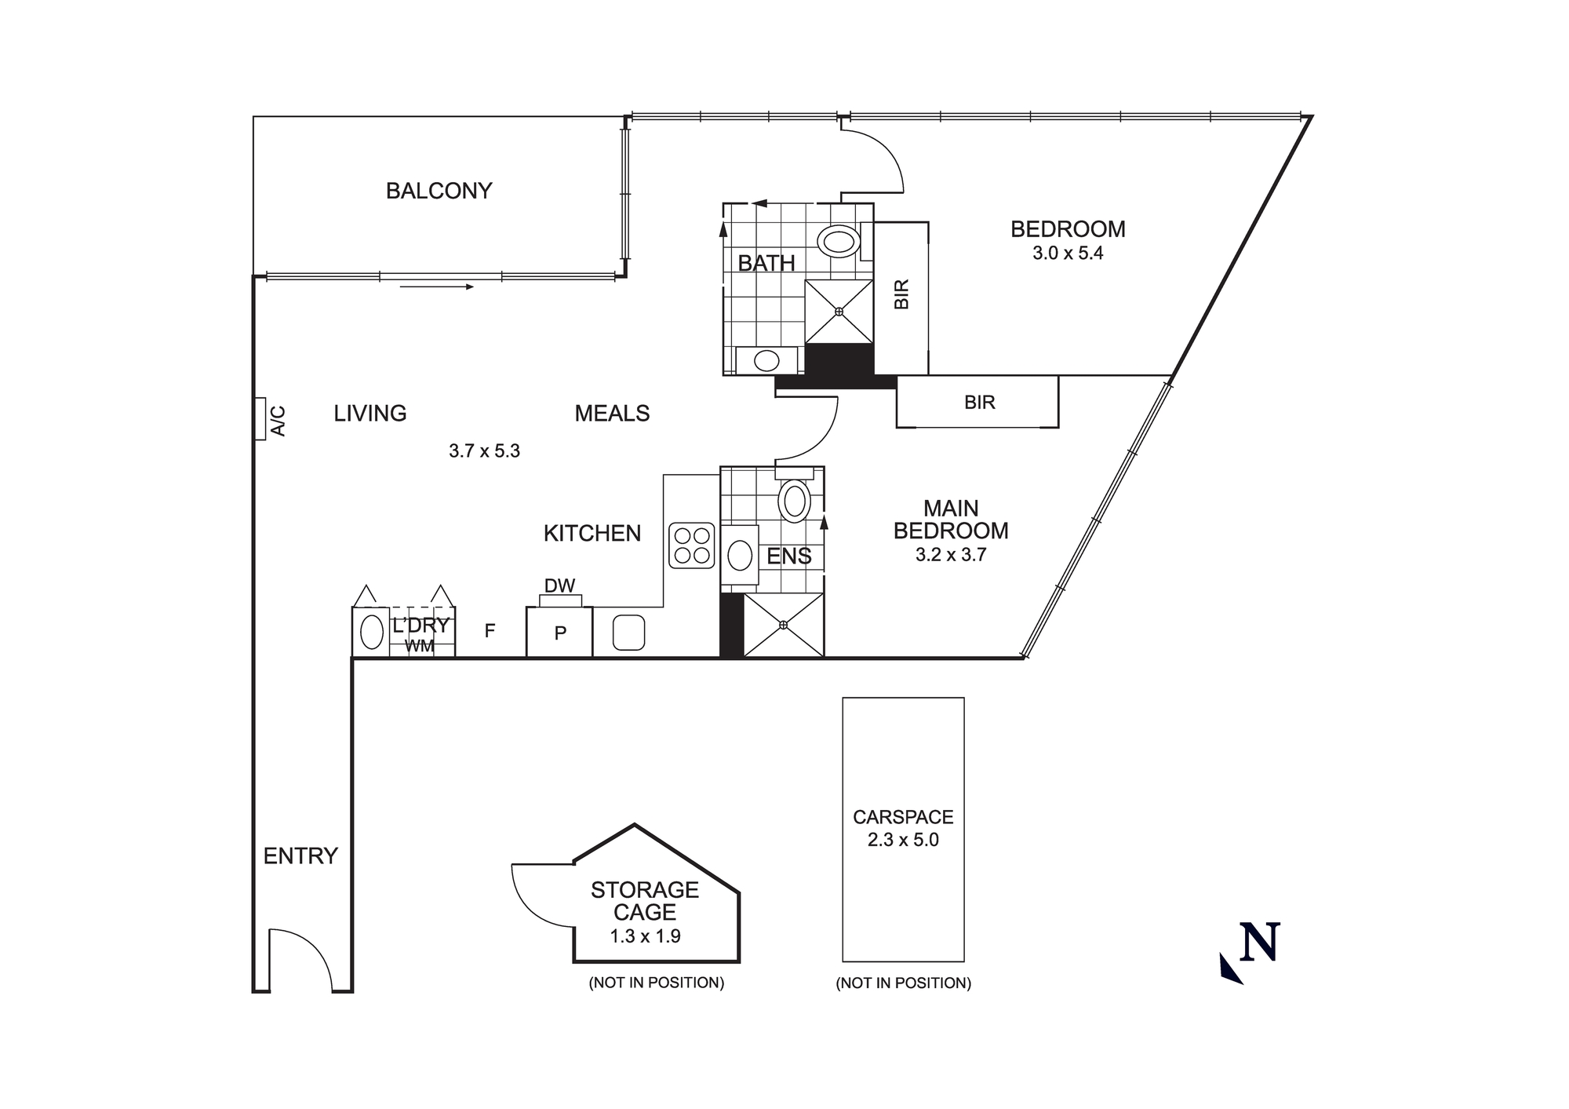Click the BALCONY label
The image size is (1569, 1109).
coord(439,191)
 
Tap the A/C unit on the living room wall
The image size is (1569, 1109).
coord(260,419)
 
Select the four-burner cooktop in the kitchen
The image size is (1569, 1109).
coord(692,545)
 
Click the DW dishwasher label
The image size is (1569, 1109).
coord(559,586)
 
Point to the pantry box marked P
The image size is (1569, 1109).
coord(559,633)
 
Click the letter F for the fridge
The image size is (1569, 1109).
coord(490,630)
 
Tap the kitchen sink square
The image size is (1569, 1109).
coord(628,633)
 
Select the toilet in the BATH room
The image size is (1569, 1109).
coord(838,241)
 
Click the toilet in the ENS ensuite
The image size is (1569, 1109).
coord(794,501)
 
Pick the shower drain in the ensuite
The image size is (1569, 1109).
coord(784,625)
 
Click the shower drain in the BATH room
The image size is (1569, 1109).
coord(839,312)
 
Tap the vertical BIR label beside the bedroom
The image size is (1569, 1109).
coord(901,294)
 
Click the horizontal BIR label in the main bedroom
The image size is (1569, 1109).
coord(979,403)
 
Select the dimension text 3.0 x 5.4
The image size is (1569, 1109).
coord(1068,254)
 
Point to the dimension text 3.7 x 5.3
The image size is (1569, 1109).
coord(484,451)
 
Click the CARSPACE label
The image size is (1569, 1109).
coord(903,817)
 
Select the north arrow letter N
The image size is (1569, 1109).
coord(1259,942)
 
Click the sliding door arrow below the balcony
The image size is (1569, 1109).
coord(436,286)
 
